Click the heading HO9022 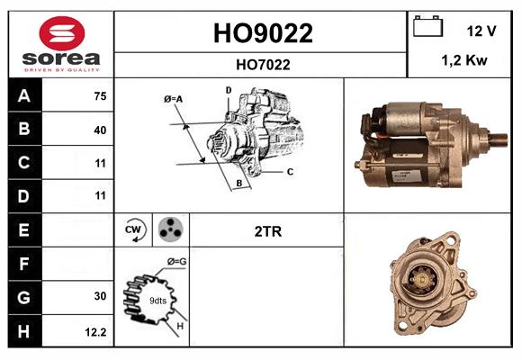tap(263, 33)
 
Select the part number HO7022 tap(263, 64)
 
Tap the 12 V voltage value tap(481, 31)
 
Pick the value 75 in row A tap(99, 96)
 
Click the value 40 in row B tap(99, 130)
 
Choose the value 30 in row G tap(99, 296)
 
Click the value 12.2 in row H tap(96, 331)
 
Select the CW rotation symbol tap(133, 230)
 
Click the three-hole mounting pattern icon tap(169, 230)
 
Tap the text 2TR tap(268, 231)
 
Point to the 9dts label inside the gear tap(157, 300)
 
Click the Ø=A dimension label tap(173, 98)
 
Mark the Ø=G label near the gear tap(177, 262)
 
